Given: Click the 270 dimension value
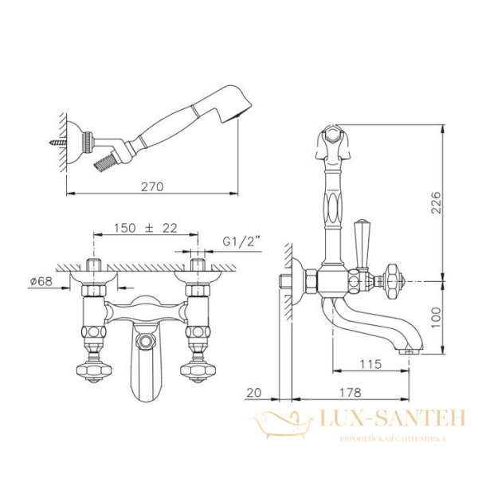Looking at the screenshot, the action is [152, 186].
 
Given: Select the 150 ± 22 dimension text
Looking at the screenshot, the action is [146, 228].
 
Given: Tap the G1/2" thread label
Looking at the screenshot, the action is [241, 241].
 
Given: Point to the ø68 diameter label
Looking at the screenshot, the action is [41, 281].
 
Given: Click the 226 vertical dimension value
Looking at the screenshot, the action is [437, 202].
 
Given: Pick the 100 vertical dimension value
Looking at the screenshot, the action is [437, 317].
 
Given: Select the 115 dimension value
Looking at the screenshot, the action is [370, 364].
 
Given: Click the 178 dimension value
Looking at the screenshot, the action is [351, 392].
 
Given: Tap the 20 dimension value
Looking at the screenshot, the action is [254, 393].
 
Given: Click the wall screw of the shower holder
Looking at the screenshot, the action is [57, 142].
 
